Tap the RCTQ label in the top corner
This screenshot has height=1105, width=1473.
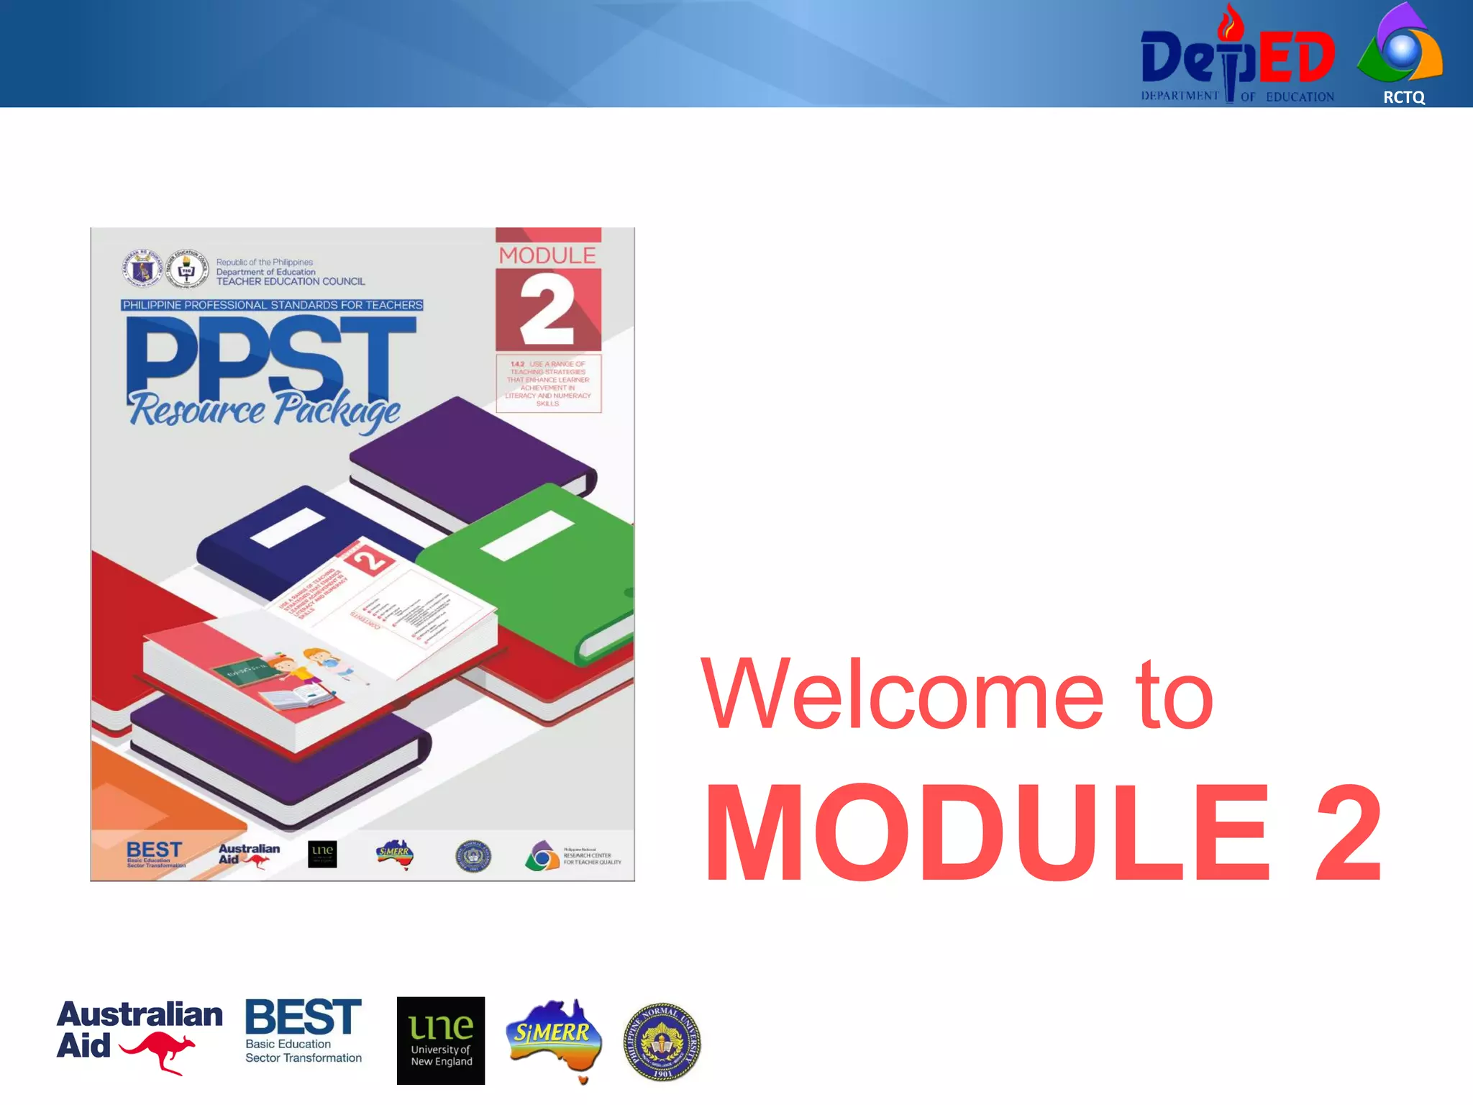point(1403,97)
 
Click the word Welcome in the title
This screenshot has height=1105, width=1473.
point(902,694)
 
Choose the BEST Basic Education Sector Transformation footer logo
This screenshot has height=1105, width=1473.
point(303,1031)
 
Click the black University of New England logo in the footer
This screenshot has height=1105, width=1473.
point(441,1040)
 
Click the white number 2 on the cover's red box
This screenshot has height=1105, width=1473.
point(547,311)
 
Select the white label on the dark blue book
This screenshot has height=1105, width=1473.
point(288,528)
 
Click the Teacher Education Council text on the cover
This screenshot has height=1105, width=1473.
point(291,281)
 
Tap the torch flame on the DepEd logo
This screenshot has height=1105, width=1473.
point(1230,23)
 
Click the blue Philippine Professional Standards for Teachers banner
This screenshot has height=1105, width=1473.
point(272,305)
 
